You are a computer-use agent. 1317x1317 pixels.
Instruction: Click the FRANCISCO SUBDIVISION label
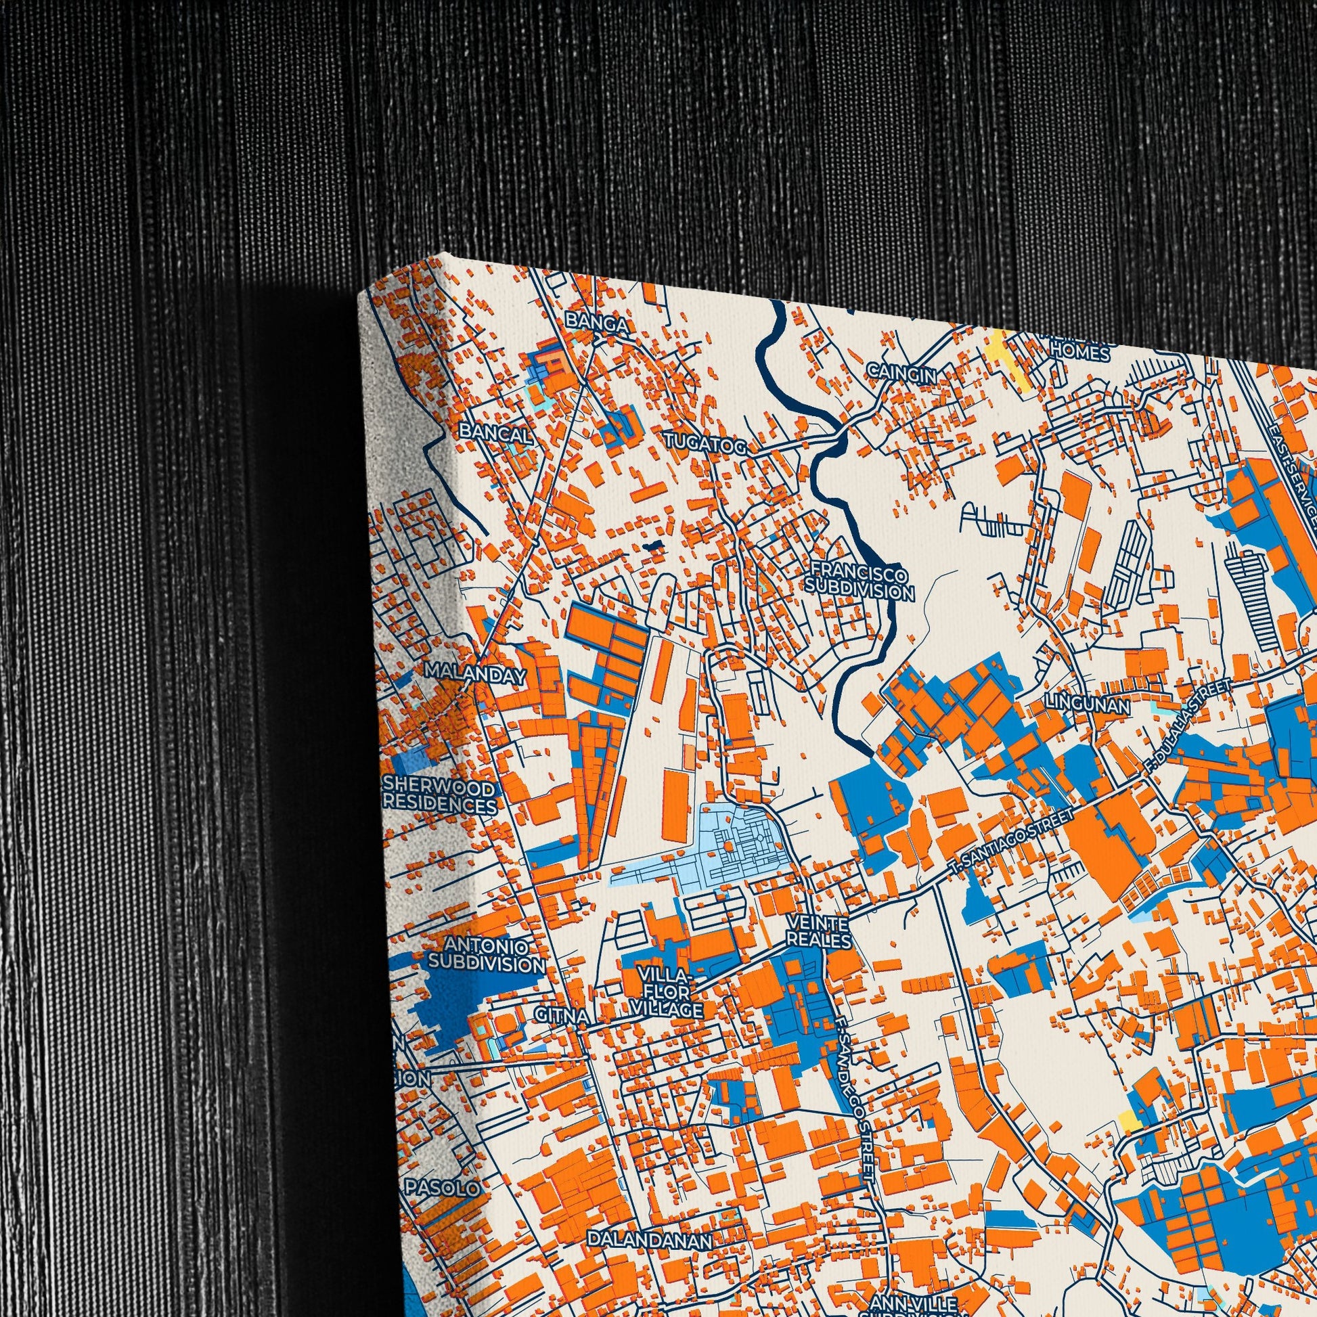pyautogui.click(x=858, y=581)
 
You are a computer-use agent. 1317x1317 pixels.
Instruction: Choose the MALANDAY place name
pyautogui.click(x=475, y=674)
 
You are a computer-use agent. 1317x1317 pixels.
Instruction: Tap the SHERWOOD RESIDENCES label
pyautogui.click(x=440, y=797)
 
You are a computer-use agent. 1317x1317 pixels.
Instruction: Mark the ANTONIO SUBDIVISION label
pyautogui.click(x=486, y=955)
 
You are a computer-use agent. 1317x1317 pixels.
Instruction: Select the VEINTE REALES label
pyautogui.click(x=818, y=932)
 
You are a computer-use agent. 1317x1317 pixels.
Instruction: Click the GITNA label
pyautogui.click(x=562, y=1015)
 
